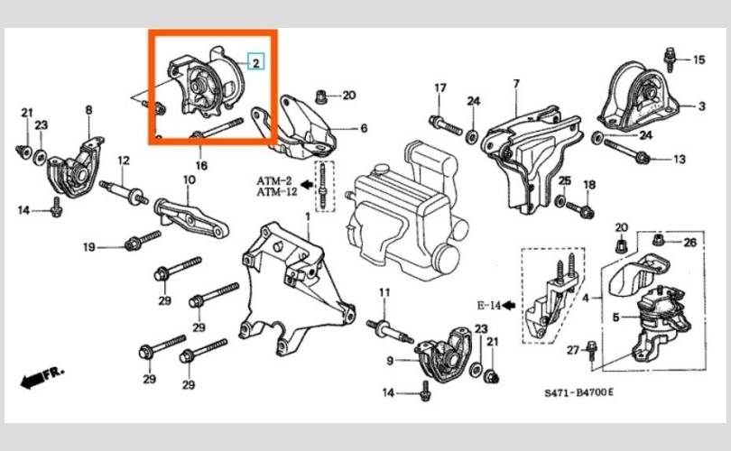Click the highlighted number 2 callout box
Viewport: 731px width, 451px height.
255,62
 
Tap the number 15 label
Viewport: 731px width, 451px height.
699,60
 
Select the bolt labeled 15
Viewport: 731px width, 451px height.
671,60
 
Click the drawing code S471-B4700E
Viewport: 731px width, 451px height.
579,392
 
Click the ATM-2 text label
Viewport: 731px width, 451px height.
274,180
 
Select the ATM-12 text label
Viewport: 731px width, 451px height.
277,191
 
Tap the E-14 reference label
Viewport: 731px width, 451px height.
489,306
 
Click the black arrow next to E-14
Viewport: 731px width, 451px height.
509,306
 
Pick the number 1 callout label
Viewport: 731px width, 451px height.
308,216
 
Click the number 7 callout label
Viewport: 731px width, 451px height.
516,84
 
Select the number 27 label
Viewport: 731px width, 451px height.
573,349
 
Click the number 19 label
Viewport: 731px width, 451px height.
89,247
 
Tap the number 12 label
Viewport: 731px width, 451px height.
124,161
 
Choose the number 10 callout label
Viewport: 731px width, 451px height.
189,179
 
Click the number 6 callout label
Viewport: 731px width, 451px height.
364,128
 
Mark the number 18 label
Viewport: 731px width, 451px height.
589,185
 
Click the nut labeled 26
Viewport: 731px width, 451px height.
658,241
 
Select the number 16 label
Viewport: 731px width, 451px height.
201,165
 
